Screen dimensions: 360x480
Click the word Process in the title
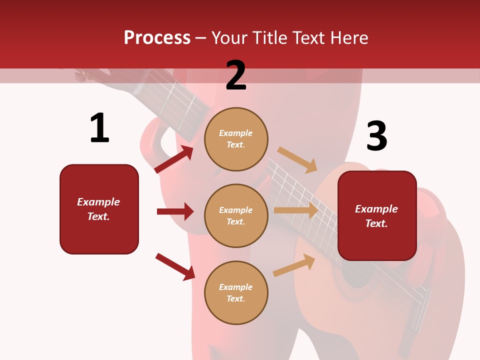tap(157, 38)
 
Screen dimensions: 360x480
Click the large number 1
tap(99, 128)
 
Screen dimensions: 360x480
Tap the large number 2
tap(236, 75)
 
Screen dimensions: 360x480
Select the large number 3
tap(376, 136)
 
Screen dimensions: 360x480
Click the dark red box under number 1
tap(99, 209)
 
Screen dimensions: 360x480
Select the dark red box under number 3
tap(377, 216)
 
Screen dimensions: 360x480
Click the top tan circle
tap(236, 139)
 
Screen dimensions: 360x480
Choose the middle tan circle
tap(236, 215)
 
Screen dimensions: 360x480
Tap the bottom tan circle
tap(236, 292)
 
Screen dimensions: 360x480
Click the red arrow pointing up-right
tap(174, 159)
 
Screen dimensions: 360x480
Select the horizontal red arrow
tap(175, 211)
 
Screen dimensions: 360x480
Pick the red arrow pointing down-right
tap(175, 266)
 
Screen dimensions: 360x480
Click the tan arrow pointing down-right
tap(297, 160)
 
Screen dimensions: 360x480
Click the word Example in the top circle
tap(236, 133)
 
